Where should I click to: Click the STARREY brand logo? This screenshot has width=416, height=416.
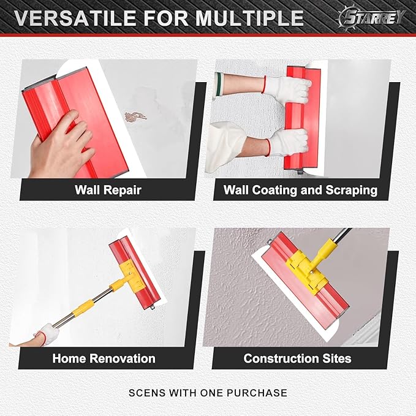point(371,17)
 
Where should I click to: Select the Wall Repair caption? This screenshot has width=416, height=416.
point(108,190)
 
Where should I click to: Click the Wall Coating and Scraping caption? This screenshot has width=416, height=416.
point(300,190)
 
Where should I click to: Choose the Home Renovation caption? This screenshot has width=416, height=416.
point(104,358)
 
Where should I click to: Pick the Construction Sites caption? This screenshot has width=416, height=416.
point(298,358)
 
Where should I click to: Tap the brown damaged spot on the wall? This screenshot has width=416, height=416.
point(135,116)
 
